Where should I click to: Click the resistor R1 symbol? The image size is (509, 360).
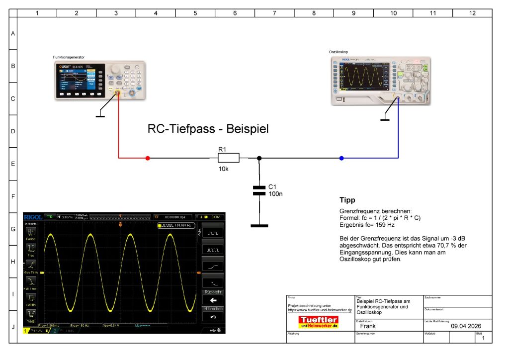pyautogui.click(x=229, y=158)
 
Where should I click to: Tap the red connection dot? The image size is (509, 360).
pyautogui.click(x=147, y=158)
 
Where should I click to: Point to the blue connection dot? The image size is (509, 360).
pyautogui.click(x=341, y=158)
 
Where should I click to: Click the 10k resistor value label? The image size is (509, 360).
pyautogui.click(x=224, y=169)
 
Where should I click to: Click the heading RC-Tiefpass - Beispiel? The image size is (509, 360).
pyautogui.click(x=208, y=129)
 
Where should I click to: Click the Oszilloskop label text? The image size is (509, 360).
pyautogui.click(x=339, y=52)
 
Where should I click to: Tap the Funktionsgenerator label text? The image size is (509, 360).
pyautogui.click(x=69, y=58)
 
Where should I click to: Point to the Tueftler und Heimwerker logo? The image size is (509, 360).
pyautogui.click(x=318, y=322)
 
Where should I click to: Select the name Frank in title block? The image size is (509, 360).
pyautogui.click(x=368, y=326)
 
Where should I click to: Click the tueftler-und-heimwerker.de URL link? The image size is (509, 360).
pyautogui.click(x=320, y=310)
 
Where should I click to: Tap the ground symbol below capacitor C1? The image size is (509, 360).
pyautogui.click(x=259, y=226)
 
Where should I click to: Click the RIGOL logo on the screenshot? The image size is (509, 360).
pyautogui.click(x=32, y=217)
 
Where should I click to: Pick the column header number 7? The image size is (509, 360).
pyautogui.click(x=274, y=13)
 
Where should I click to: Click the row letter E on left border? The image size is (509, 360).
pyautogui.click(x=13, y=164)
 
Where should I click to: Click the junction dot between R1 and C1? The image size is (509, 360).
pyautogui.click(x=259, y=158)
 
